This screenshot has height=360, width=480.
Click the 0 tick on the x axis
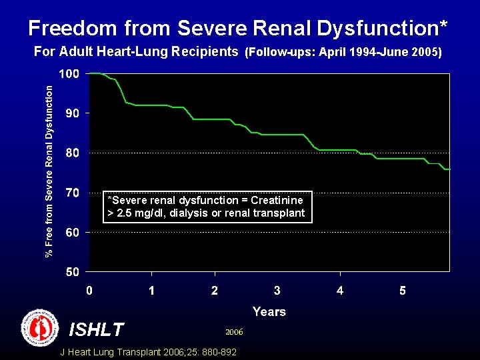tap(89, 291)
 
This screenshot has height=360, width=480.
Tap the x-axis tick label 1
tap(152, 291)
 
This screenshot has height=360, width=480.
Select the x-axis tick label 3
tap(277, 291)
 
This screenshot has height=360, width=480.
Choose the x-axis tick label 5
tap(403, 291)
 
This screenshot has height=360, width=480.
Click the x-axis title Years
tap(269, 311)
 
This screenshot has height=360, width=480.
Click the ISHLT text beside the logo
tap(97, 329)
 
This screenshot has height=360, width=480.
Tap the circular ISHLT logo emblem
tap(41, 328)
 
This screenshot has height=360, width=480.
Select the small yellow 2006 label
tap(234, 331)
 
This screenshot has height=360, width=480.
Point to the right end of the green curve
tap(449, 169)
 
